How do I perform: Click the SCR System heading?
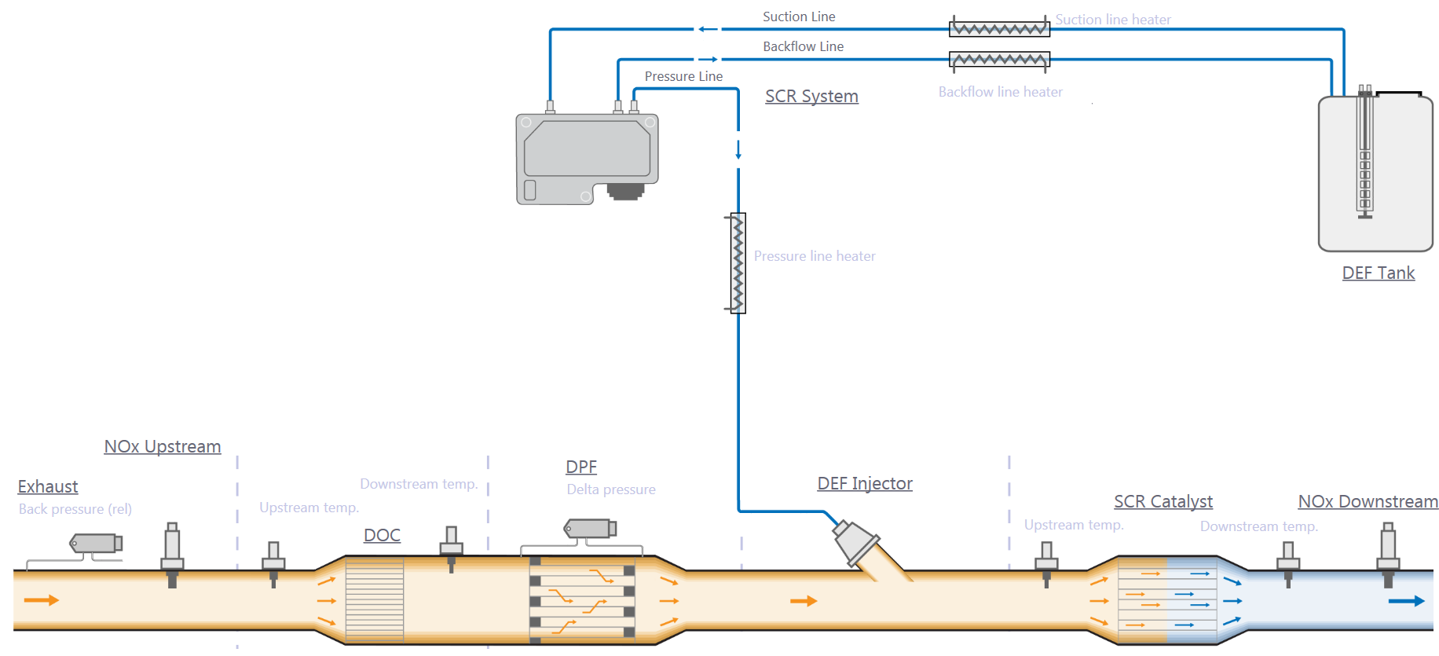click(x=811, y=96)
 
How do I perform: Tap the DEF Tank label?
click(x=1378, y=273)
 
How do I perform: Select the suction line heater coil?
click(x=999, y=29)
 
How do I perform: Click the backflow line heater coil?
click(x=999, y=60)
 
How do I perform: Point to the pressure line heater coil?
click(x=738, y=263)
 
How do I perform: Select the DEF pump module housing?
click(x=587, y=157)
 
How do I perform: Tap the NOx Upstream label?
click(x=163, y=446)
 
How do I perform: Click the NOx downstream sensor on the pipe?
click(x=1388, y=554)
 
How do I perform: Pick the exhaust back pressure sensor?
click(x=97, y=543)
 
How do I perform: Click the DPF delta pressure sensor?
click(x=590, y=529)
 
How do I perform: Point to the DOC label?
click(x=382, y=535)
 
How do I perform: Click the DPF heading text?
click(x=581, y=467)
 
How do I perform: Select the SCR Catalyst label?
click(x=1163, y=501)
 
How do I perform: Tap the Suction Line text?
click(x=799, y=16)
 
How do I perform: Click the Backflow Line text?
click(x=803, y=46)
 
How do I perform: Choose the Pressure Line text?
click(x=683, y=76)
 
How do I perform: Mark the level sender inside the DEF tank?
click(x=1365, y=157)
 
